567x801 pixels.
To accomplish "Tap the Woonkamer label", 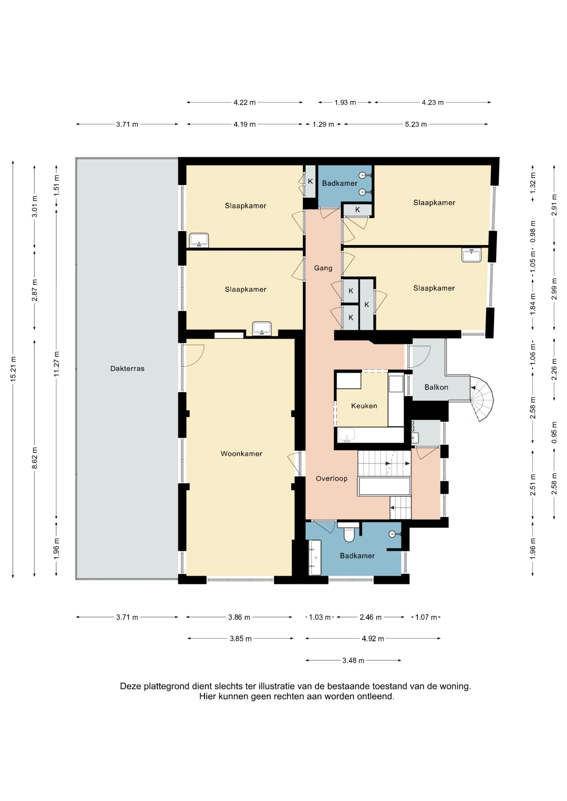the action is point(241,454).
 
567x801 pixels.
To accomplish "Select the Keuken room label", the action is point(364,406).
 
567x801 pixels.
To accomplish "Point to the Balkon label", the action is point(436,387).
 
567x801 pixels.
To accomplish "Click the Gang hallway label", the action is point(323,268).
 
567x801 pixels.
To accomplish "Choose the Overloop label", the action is point(332,479).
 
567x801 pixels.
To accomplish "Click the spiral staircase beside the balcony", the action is point(481,399).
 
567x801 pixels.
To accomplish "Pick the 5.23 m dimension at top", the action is point(416,124).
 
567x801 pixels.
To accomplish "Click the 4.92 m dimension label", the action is point(373,638).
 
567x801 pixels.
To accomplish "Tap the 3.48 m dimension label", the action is point(353,660).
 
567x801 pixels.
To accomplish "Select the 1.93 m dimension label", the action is point(345,103).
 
